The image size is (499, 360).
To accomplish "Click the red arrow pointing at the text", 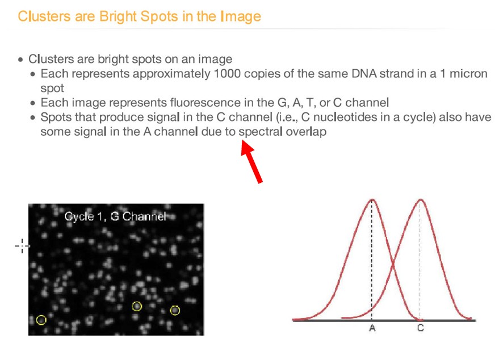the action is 251,161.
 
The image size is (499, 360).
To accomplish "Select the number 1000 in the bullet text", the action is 227,73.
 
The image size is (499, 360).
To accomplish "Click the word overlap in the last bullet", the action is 306,132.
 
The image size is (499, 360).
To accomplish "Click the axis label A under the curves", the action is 372,328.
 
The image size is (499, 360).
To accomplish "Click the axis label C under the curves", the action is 421,328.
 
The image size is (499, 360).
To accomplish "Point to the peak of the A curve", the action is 372,200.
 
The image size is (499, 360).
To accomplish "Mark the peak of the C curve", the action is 421,200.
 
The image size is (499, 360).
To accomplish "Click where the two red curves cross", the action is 393,263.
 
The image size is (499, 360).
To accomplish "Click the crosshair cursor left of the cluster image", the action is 22,246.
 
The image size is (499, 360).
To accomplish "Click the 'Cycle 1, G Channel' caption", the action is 115,216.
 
